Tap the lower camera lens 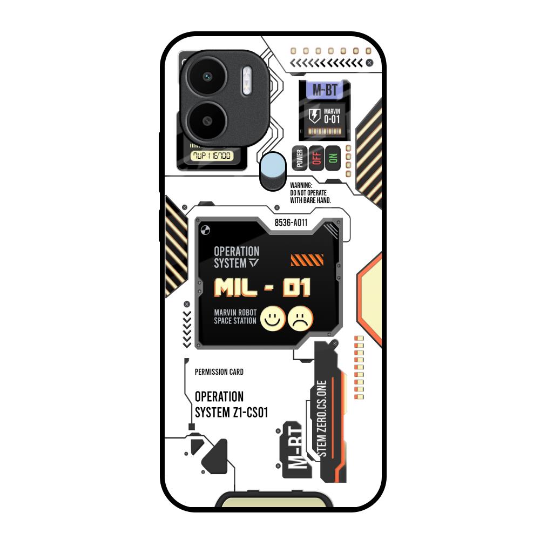[x=207, y=119]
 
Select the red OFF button [x=316, y=157]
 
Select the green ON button [x=333, y=158]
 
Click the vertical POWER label [x=300, y=158]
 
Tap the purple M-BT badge [x=325, y=90]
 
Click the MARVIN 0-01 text [x=332, y=116]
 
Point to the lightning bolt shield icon [x=314, y=116]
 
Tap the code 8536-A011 [x=291, y=222]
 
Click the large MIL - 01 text [x=262, y=288]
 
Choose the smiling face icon [x=273, y=318]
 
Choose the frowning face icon [x=301, y=318]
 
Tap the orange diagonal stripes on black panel [x=307, y=261]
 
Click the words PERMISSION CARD [x=219, y=372]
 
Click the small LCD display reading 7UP [x=213, y=156]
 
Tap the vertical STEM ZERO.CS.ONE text [x=322, y=418]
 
